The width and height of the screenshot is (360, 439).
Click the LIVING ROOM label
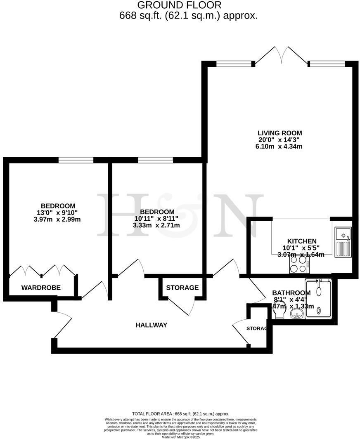coord(280,133)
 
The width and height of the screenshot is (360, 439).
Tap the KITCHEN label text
coord(301,241)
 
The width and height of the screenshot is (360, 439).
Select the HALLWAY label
coord(152,325)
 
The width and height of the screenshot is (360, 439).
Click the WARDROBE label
coord(41,288)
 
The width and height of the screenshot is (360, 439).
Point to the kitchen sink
coord(343,243)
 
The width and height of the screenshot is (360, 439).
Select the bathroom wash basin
coord(296,315)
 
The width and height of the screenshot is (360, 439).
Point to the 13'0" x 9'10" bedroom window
coord(76,160)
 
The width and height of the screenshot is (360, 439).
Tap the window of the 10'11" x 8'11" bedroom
coord(155,160)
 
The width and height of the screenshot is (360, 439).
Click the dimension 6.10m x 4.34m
coord(280,146)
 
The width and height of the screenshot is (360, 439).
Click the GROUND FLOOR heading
coord(179,5)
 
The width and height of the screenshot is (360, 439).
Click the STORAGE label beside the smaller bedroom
coord(182,288)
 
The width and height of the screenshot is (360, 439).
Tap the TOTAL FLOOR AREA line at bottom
coord(180,413)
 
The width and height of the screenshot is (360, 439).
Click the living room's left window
coord(234,64)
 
